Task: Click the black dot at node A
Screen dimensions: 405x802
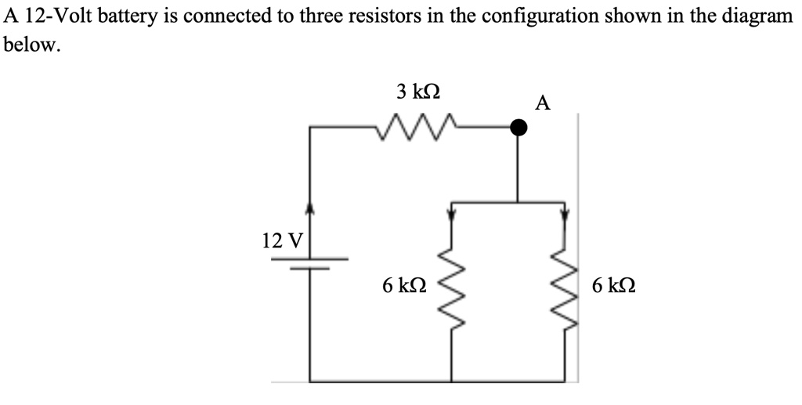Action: click(518, 127)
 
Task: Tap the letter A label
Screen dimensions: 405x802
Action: click(543, 103)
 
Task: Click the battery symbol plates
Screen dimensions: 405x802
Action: click(312, 262)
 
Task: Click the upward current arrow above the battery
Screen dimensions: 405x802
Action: click(311, 208)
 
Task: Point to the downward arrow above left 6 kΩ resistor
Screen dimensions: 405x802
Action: click(451, 212)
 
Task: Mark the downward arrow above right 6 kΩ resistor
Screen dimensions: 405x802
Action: click(565, 212)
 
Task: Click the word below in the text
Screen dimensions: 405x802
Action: click(31, 45)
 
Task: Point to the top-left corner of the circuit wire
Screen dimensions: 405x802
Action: click(311, 127)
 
